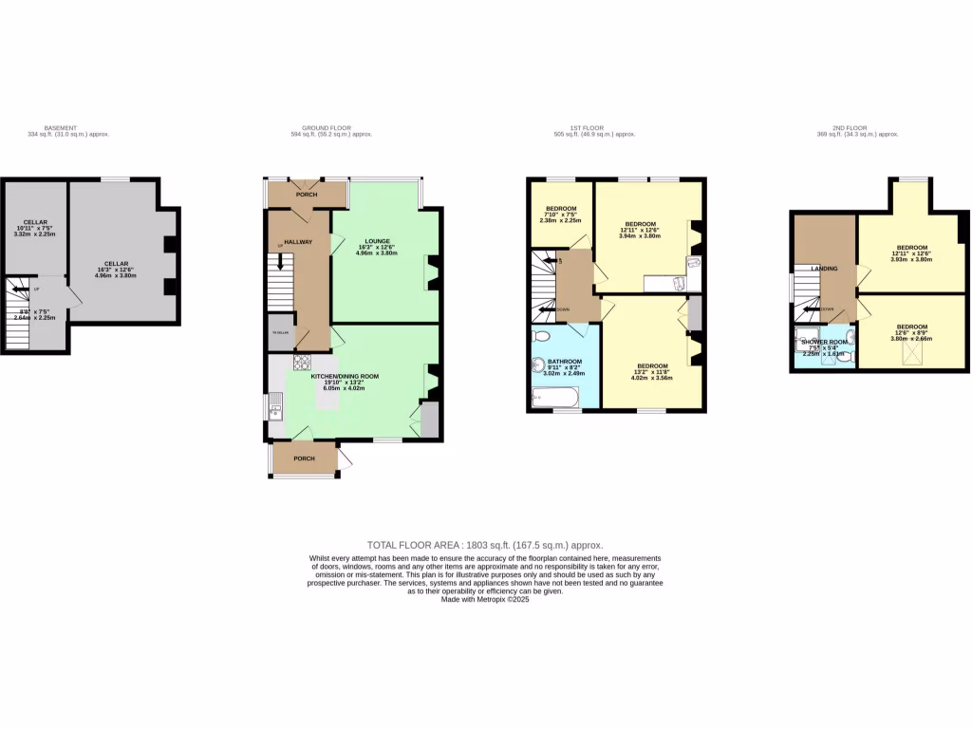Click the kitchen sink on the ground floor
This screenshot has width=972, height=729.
coord(275,410)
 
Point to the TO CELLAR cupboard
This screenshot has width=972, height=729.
coord(279,332)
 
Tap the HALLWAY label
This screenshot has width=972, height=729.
coord(298,242)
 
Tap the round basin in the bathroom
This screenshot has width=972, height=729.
coord(537,362)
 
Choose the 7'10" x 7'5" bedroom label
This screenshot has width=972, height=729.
coord(561,208)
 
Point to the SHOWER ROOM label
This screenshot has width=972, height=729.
coord(824,342)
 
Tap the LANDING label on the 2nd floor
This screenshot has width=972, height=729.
coord(824,269)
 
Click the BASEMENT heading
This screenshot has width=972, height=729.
coord(61,127)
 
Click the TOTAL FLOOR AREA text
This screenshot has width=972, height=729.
coord(485,545)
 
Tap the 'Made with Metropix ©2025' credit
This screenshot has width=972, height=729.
coord(485,600)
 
